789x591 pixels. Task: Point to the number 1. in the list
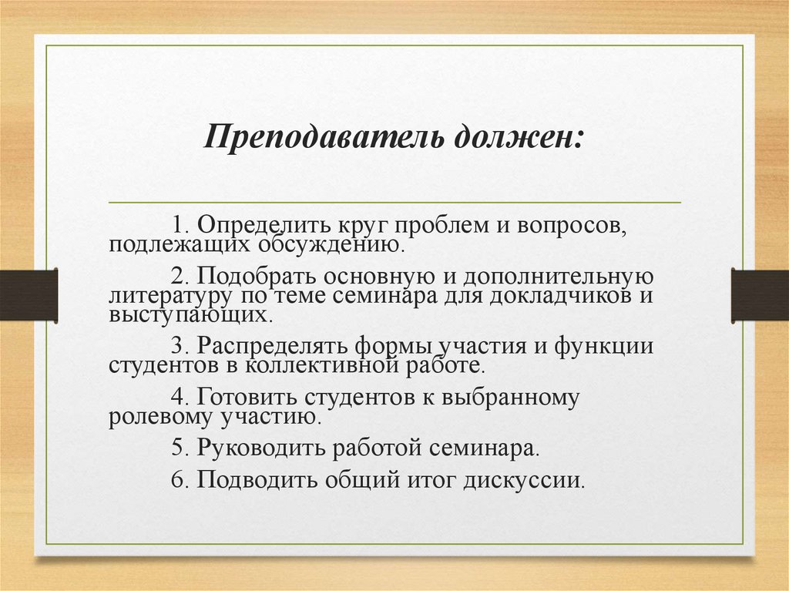point(180,226)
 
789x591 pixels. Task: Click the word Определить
point(264,226)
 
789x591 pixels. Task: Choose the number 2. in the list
point(180,276)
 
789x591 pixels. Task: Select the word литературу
point(160,296)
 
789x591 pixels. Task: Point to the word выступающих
point(189,315)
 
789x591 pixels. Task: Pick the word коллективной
point(311,365)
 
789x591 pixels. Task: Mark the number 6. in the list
point(180,479)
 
